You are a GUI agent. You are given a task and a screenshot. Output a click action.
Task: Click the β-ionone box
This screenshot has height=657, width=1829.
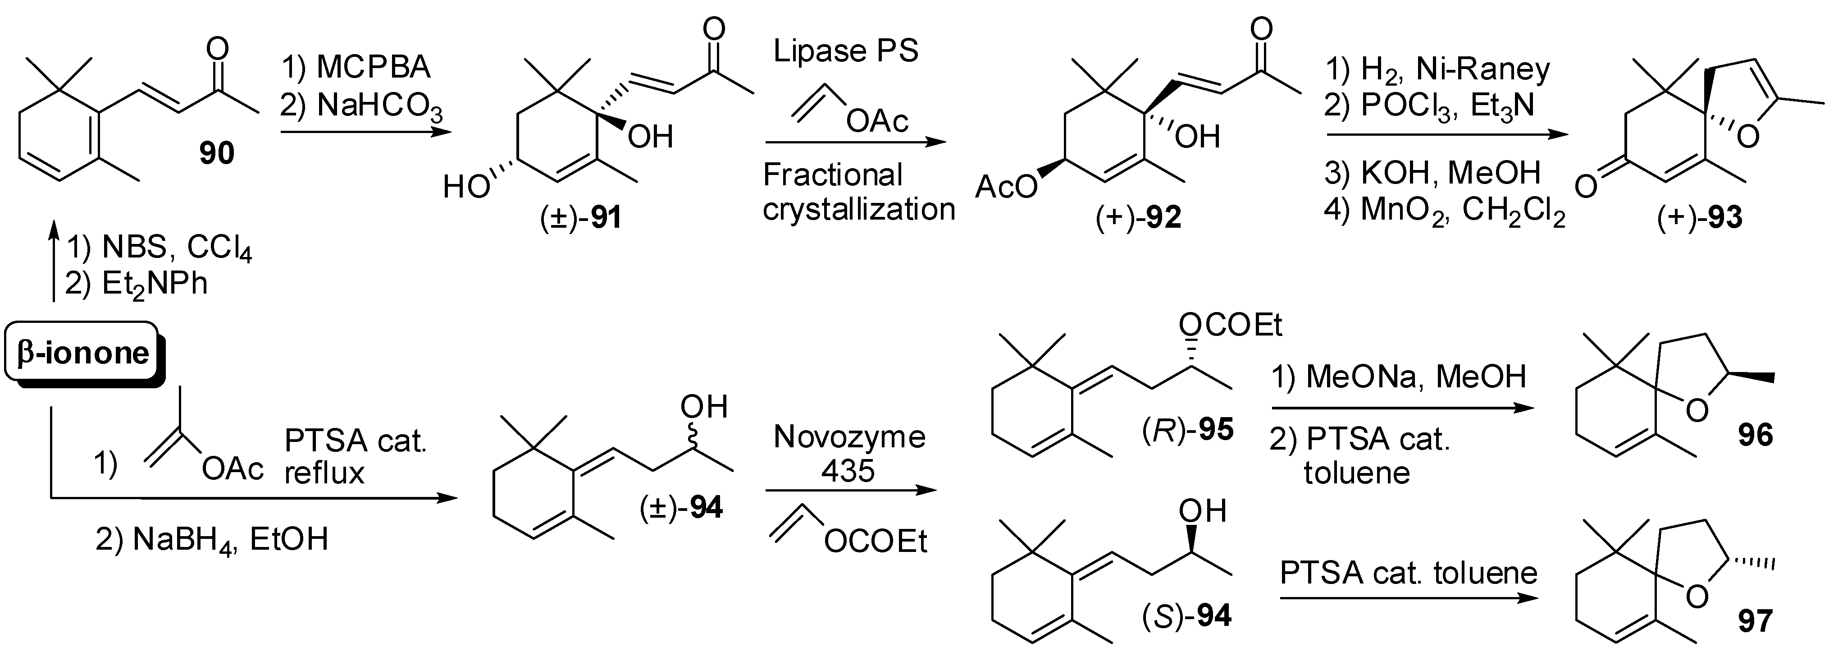pyautogui.click(x=82, y=353)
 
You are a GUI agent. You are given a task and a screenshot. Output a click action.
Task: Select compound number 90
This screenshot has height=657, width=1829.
pyautogui.click(x=217, y=153)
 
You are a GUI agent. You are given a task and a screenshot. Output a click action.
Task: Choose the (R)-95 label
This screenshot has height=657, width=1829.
pyautogui.click(x=1187, y=429)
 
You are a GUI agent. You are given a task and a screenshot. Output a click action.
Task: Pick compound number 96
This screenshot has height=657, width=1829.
pyautogui.click(x=1755, y=435)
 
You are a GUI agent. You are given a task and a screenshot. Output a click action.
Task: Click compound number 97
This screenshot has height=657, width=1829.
pyautogui.click(x=1755, y=621)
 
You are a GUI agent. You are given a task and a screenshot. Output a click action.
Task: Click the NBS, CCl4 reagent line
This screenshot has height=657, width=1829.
pyautogui.click(x=160, y=248)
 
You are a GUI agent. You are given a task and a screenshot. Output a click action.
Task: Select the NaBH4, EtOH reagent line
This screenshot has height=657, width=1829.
pyautogui.click(x=212, y=540)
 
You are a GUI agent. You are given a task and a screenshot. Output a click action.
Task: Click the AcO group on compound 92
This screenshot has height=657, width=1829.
pyautogui.click(x=1006, y=187)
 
